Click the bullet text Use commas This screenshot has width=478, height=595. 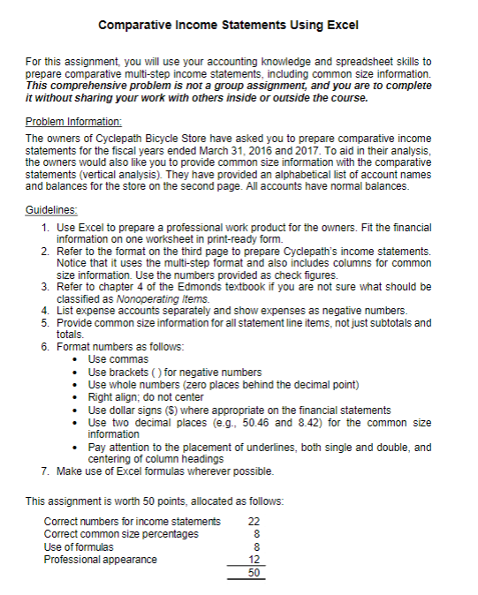coord(119,360)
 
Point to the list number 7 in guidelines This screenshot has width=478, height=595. coord(45,471)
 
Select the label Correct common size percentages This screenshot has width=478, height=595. coord(121,534)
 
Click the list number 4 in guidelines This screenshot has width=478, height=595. coord(45,312)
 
